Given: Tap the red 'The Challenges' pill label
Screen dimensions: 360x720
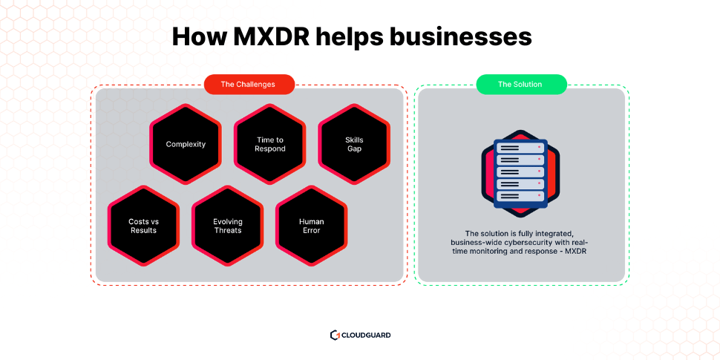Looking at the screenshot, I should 249,84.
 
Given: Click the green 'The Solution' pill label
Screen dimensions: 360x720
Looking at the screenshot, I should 520,84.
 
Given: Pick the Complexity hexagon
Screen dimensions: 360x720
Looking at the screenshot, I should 186,144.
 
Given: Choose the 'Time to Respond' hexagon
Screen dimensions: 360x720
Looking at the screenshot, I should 270,144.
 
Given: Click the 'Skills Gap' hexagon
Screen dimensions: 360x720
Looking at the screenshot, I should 354,144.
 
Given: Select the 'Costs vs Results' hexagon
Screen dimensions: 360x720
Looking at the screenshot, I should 143,226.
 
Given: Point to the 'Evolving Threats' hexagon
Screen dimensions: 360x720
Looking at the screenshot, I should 228,226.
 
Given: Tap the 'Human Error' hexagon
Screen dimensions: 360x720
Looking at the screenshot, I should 312,226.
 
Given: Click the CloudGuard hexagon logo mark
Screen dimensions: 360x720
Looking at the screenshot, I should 335,335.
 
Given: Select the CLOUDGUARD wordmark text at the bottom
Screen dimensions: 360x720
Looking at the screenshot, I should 365,336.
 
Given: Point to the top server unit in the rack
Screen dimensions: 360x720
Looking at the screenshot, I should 520,148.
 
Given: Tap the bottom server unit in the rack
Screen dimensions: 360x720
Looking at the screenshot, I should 520,196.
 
